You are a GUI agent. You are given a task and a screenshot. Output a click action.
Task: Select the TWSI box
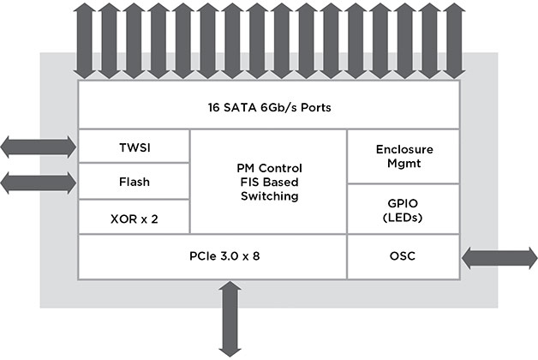point(133,147)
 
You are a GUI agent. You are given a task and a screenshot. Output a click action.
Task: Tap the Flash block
point(133,182)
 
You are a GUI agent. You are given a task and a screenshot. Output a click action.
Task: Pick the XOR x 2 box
point(133,217)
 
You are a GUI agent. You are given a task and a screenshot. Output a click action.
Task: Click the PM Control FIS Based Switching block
point(268,182)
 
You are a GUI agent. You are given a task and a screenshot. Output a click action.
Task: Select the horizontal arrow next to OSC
point(498,256)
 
